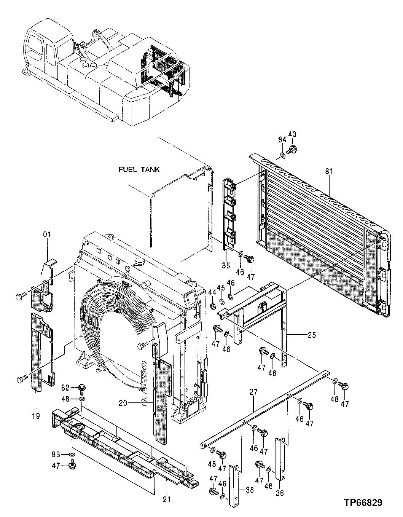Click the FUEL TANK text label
[139, 170]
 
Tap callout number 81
[329, 172]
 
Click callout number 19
[35, 416]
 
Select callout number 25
[312, 335]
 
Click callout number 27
[254, 392]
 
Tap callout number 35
[226, 266]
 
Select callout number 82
[66, 388]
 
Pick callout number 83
[56, 454]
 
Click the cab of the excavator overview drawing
[40, 48]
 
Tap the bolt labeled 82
[81, 388]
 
